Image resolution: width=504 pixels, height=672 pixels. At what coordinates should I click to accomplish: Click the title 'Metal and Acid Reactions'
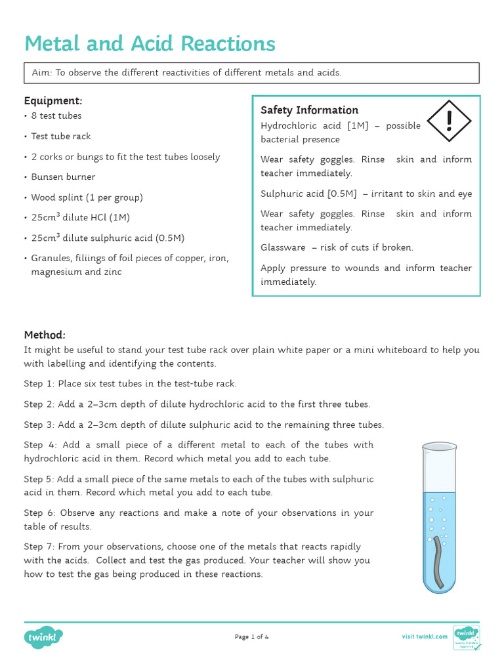coord(150,44)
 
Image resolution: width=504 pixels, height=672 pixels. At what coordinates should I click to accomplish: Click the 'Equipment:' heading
coord(53,100)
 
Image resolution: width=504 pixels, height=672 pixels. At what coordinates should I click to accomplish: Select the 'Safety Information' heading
coord(309,110)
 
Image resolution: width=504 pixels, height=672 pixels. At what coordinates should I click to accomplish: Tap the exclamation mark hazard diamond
coord(449,121)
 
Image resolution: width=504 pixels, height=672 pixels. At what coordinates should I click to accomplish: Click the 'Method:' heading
coord(45,335)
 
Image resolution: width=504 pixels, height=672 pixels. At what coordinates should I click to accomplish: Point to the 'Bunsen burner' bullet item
coord(63,177)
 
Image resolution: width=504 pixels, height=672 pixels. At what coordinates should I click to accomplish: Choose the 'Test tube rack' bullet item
coord(61,136)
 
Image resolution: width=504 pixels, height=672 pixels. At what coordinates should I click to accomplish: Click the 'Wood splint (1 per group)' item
coord(87,198)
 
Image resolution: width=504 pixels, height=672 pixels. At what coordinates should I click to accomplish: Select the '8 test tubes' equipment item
coord(56,115)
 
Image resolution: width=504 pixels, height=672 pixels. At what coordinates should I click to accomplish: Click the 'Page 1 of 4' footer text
coord(251,637)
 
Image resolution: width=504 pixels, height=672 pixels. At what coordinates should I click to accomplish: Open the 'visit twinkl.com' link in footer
coord(425,637)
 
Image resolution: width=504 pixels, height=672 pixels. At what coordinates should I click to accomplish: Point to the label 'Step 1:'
coord(39,384)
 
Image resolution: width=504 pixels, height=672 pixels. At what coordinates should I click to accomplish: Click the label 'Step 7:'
coord(39,547)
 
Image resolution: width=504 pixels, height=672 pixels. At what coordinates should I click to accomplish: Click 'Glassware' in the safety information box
coord(283,247)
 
